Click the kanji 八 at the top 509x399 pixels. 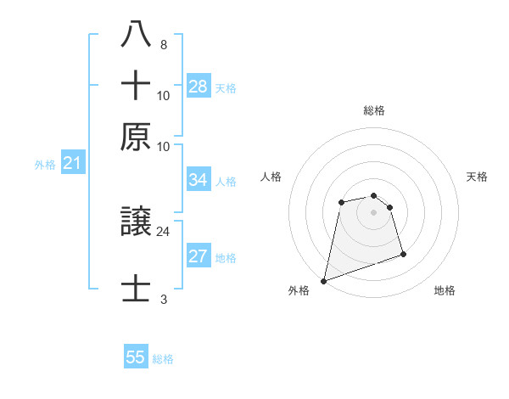point(137,35)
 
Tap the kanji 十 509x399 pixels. point(137,86)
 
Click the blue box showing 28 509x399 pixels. point(199,87)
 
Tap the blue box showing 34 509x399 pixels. point(199,180)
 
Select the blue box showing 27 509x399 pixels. point(199,257)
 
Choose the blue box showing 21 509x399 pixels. point(72,164)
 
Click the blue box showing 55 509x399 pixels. point(136,357)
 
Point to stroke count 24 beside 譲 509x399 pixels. point(163,230)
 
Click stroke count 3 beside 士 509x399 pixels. point(163,299)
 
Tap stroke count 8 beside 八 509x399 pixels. point(163,44)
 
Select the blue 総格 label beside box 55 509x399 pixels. point(163,359)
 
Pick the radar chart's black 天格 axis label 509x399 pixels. point(477,177)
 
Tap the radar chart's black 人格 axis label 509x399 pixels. point(271,177)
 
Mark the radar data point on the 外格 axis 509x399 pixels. point(323,280)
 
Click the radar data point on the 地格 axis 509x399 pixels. point(403,254)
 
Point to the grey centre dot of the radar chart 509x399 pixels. point(373,212)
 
